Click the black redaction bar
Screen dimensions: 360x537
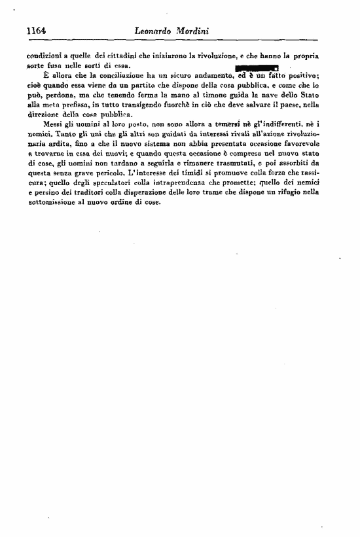coord(256,67)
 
